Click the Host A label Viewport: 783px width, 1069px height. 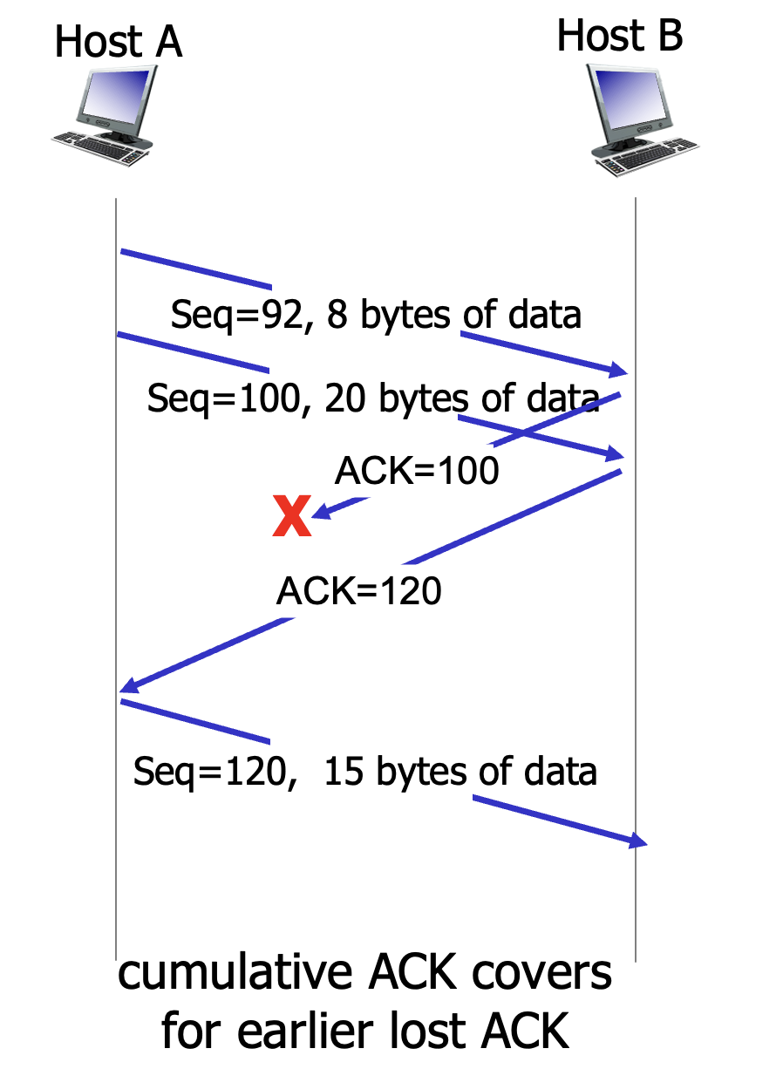point(119,43)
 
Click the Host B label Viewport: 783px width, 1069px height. point(619,36)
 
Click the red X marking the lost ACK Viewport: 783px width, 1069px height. point(291,516)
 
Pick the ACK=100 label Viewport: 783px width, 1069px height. point(417,471)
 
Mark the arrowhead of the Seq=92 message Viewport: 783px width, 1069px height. point(620,370)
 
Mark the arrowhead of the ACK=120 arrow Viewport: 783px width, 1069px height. point(127,686)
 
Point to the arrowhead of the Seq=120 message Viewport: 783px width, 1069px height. point(640,841)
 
